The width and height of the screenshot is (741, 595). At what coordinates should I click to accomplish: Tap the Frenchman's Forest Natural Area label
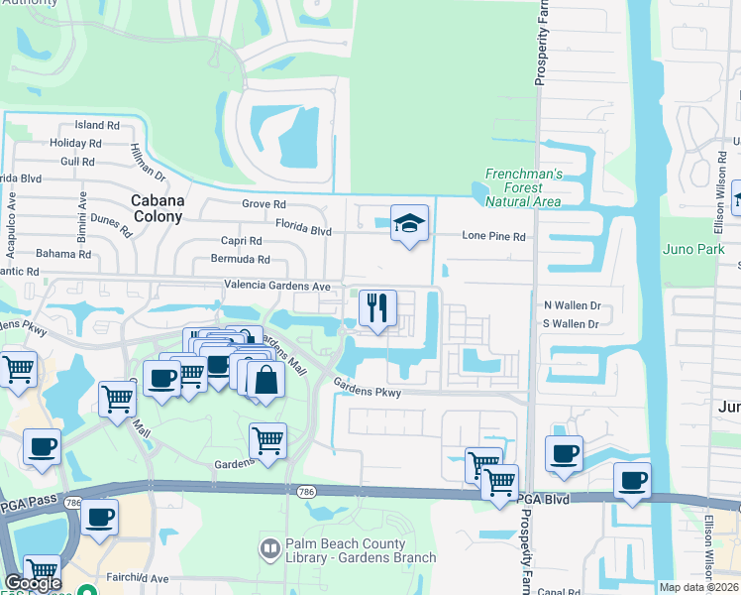523,187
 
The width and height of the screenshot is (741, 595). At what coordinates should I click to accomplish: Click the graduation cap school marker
409,224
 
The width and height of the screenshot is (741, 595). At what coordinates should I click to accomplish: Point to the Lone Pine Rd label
493,237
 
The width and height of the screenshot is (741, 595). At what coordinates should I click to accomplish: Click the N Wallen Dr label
573,307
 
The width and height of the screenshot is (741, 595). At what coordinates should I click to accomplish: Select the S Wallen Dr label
573,324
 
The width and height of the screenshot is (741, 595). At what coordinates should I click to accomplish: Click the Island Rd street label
97,126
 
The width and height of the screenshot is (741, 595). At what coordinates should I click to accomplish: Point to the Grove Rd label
264,204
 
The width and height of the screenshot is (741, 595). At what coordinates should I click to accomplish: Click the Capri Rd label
242,241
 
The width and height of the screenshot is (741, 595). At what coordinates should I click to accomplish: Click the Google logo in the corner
33,582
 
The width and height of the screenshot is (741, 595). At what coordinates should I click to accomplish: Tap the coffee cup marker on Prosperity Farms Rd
564,454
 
